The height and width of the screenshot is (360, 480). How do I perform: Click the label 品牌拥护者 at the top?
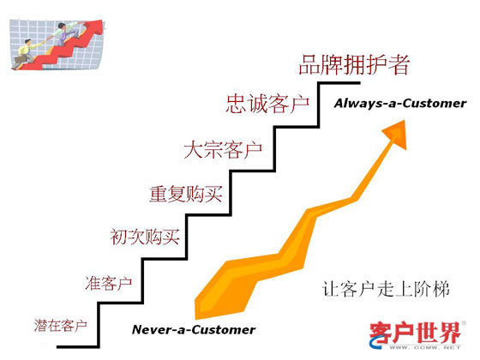[x=354, y=65]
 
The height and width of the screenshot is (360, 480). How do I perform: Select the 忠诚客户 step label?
[x=267, y=104]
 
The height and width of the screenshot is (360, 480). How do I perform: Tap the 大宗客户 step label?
[x=223, y=150]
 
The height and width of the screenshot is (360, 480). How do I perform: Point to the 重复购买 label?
[x=186, y=194]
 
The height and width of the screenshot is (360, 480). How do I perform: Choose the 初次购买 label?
[x=145, y=237]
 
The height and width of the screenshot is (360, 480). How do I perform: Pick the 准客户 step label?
[x=109, y=283]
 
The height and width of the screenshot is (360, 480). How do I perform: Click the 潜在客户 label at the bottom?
[x=61, y=325]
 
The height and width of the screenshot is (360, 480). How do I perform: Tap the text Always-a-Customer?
[x=400, y=104]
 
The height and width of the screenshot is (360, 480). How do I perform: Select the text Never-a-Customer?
[x=194, y=330]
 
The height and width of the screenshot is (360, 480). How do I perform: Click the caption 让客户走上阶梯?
[x=386, y=289]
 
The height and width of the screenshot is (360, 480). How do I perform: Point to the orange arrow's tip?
[x=405, y=121]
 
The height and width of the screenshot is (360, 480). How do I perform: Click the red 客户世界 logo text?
[x=416, y=333]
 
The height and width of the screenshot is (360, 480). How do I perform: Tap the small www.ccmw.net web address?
[x=425, y=347]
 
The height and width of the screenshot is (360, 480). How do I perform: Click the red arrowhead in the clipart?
[x=95, y=27]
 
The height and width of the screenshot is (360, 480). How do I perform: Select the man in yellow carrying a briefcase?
[x=25, y=53]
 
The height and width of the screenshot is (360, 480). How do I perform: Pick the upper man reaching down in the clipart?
[x=66, y=33]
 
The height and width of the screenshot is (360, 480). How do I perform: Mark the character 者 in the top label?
[x=399, y=65]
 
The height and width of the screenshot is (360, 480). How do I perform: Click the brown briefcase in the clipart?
[x=19, y=60]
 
